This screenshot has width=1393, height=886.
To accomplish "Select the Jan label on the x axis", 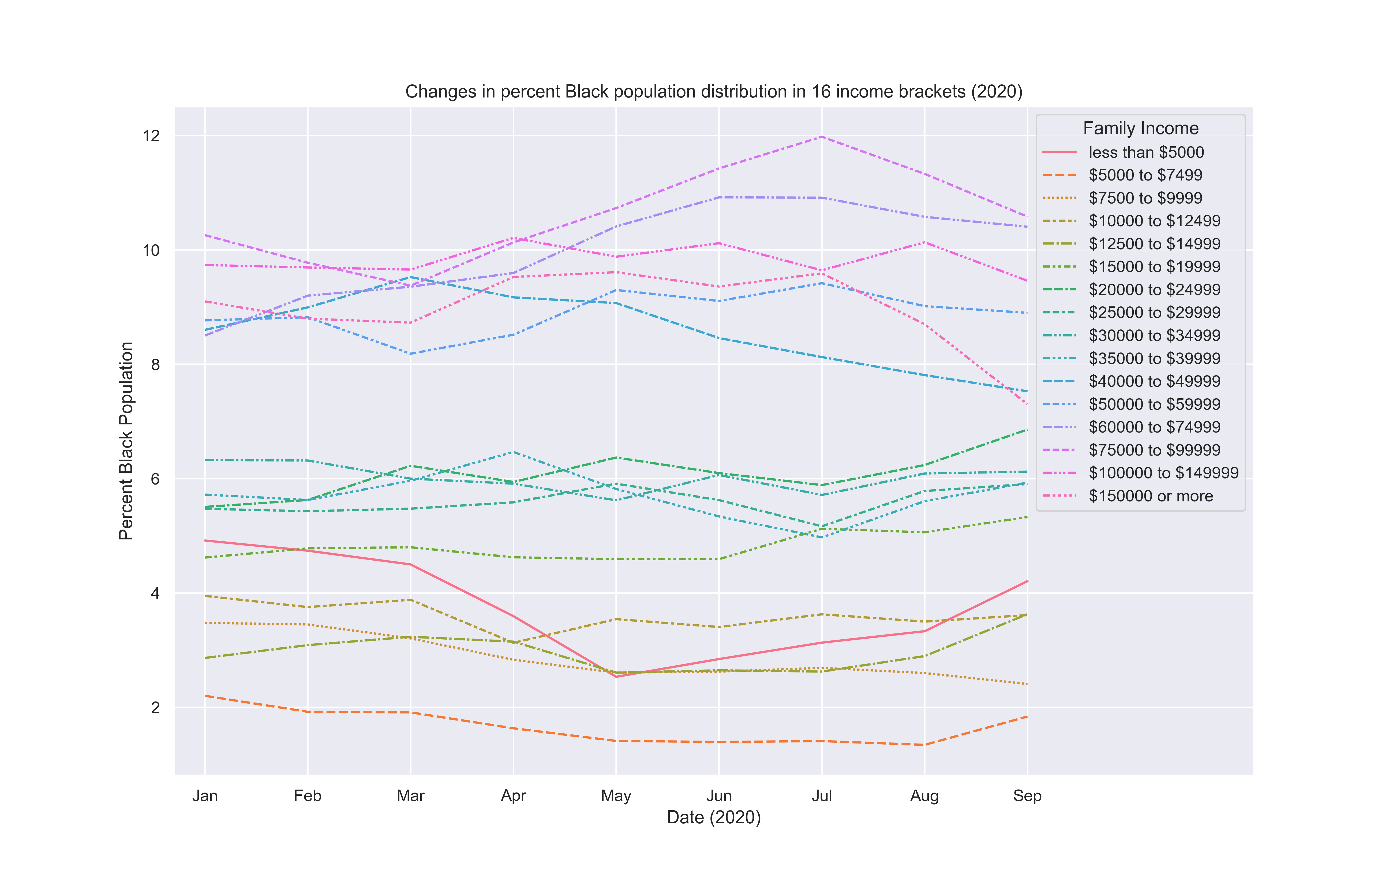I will coord(205,796).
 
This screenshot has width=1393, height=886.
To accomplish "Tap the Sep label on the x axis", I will coord(1027,796).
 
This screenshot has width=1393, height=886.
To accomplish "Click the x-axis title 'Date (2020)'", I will coord(713,817).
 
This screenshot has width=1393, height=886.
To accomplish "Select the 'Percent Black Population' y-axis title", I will coord(126,441).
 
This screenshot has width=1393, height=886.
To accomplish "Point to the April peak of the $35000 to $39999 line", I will coord(513,452).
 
